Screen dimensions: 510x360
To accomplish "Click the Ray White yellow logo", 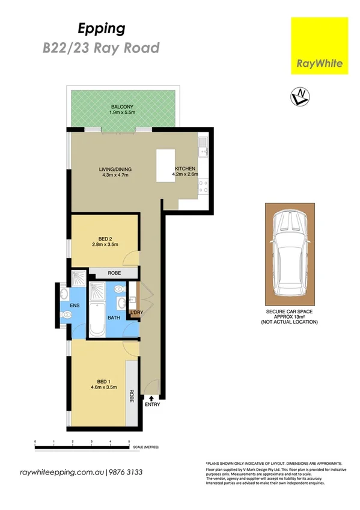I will (x=319, y=46).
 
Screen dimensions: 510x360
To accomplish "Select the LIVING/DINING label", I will (x=115, y=170).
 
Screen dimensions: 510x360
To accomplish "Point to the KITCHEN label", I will (x=185, y=169).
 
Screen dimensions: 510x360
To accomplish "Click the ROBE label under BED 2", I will (x=114, y=273).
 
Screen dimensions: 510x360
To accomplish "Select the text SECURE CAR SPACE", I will (x=289, y=312).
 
